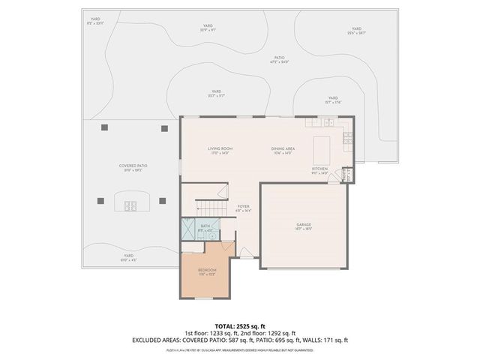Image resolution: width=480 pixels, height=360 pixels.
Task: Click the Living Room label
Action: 220,150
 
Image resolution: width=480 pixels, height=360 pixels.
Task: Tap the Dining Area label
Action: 282,150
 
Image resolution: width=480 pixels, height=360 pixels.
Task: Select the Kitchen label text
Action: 320,169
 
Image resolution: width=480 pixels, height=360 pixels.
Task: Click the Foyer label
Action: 243,207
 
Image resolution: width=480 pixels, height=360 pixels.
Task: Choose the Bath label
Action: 205,226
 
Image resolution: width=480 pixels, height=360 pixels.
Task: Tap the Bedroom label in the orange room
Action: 207,271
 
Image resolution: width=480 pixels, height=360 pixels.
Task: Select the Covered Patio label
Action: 131,167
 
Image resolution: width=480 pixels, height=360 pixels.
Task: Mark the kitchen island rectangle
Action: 321,145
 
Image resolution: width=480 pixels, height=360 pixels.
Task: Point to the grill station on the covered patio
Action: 131,203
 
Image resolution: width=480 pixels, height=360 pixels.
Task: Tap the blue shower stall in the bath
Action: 187,229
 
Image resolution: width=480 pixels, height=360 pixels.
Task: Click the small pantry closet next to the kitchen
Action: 346,175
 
